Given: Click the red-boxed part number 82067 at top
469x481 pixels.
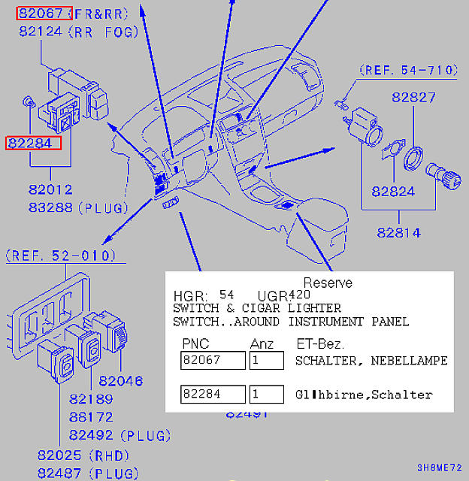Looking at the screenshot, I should coord(44,14).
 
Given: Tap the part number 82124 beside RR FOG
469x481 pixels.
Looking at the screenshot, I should coord(41,32).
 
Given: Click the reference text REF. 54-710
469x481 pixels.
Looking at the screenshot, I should coord(410,71).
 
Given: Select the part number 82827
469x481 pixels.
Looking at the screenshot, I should coord(413,98).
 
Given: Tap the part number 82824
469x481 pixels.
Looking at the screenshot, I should coord(393,192).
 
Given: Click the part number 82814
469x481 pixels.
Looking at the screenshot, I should coord(398,232).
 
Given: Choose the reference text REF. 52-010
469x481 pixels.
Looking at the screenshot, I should coord(62,256).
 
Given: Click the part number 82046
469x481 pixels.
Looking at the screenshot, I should coord(120,381).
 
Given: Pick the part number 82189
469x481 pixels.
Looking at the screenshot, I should coord(91,399).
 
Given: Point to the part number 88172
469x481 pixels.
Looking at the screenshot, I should coord(91,416).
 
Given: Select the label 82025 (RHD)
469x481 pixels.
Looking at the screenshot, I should coord(83,455).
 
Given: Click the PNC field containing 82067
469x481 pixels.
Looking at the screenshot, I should coord(213,361).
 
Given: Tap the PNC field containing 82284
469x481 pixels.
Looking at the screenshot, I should coord(213,395).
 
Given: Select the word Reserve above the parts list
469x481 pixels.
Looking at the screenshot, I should coord(327,283).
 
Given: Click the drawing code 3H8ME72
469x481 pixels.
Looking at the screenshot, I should coord(439,467).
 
